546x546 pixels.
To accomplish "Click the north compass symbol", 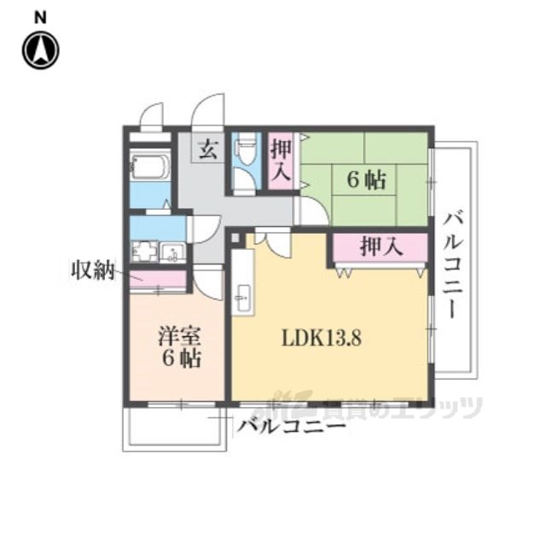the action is pyautogui.click(x=41, y=50).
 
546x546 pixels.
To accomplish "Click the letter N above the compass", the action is pyautogui.click(x=40, y=17).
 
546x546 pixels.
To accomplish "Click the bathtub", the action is pyautogui.click(x=150, y=167).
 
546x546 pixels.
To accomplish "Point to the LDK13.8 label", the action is pyautogui.click(x=322, y=338).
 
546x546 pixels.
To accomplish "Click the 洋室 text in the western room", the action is pyautogui.click(x=180, y=336).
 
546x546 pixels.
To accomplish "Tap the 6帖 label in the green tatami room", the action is pyautogui.click(x=366, y=180).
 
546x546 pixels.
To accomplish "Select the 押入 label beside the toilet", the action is pyautogui.click(x=281, y=160).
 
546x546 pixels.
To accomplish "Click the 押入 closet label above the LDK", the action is pyautogui.click(x=381, y=247).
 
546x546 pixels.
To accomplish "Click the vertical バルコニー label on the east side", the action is pyautogui.click(x=454, y=266).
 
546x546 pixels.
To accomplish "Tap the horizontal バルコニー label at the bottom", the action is pyautogui.click(x=291, y=427).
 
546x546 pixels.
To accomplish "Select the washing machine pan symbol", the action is pyautogui.click(x=145, y=250).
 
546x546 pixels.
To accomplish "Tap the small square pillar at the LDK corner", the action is pyautogui.click(x=235, y=238).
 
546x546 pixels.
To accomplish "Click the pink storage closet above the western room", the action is pyautogui.click(x=158, y=279).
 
